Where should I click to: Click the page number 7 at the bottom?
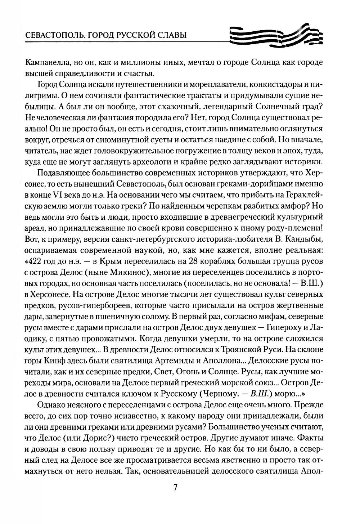point(175,488)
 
